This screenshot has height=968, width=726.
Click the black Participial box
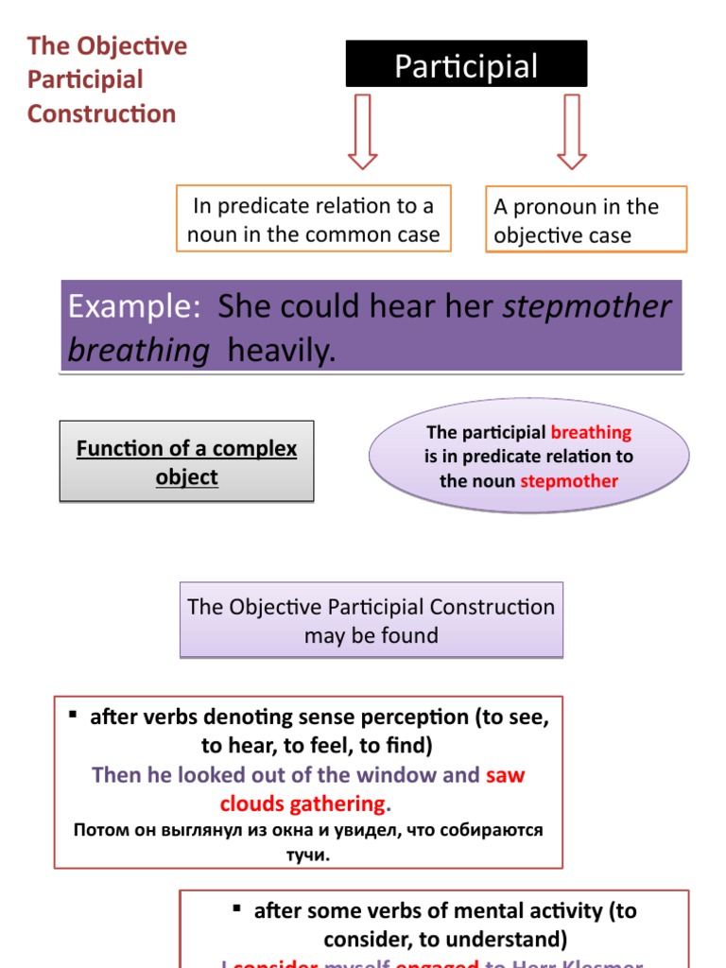[x=466, y=65]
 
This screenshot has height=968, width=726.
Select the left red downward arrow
[x=362, y=130]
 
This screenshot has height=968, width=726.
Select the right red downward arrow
[x=571, y=130]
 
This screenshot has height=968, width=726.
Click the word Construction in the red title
[x=101, y=114]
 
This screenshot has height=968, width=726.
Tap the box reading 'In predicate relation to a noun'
[x=313, y=219]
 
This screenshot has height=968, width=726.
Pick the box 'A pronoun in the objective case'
[x=586, y=220]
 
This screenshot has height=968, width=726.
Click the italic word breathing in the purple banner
[x=139, y=351]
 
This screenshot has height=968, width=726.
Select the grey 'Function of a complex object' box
[x=186, y=462]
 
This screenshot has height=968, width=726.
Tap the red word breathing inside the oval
[x=591, y=432]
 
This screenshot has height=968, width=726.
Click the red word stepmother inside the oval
[x=569, y=481]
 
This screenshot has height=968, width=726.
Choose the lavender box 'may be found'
[x=371, y=620]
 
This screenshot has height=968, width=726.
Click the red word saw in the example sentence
[x=505, y=776]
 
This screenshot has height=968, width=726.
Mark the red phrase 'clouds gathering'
[x=302, y=804]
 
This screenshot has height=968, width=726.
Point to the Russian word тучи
[x=306, y=855]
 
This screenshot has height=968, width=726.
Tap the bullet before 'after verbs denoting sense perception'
[x=72, y=716]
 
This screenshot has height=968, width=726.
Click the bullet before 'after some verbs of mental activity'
[x=236, y=909]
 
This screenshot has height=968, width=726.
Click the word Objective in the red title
[x=132, y=46]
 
